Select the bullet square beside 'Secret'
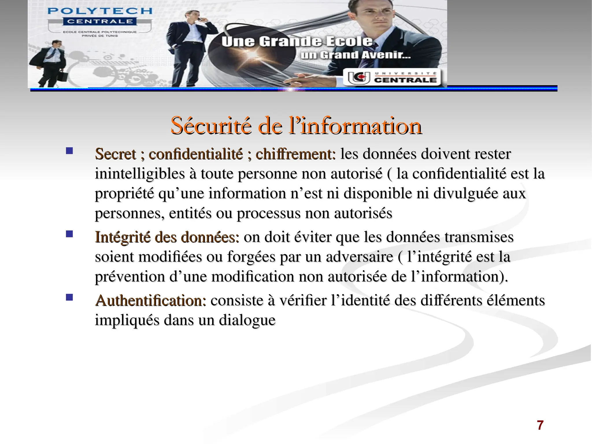69,151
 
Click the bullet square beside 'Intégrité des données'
69,234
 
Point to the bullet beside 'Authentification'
69,297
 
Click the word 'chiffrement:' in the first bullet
295,154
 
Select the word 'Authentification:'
151,301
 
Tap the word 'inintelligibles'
140,174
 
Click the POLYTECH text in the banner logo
100,11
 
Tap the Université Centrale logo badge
392,77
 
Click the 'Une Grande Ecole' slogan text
297,42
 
